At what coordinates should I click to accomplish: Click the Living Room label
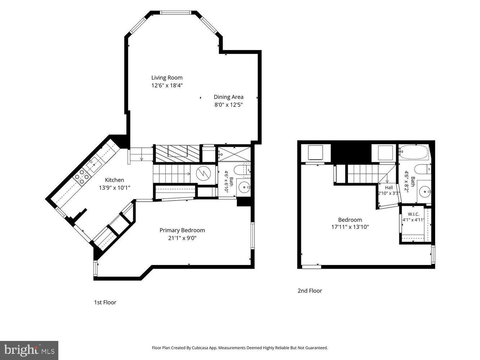pyautogui.click(x=167, y=78)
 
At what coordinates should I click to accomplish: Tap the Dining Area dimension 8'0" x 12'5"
pyautogui.click(x=229, y=105)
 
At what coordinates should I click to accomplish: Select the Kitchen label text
pyautogui.click(x=115, y=180)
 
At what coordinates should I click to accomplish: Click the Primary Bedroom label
pyautogui.click(x=182, y=230)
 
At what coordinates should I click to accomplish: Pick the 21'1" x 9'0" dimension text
pyautogui.click(x=182, y=238)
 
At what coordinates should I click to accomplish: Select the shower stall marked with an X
pyautogui.click(x=234, y=154)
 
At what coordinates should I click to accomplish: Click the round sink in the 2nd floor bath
pyautogui.click(x=425, y=192)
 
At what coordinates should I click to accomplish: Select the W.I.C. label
pyautogui.click(x=413, y=214)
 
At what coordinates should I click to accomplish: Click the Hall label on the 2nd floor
pyautogui.click(x=389, y=188)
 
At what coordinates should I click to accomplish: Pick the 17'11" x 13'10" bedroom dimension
pyautogui.click(x=350, y=227)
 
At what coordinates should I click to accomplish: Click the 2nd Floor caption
pyautogui.click(x=310, y=291)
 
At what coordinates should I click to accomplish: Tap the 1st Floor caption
pyautogui.click(x=105, y=302)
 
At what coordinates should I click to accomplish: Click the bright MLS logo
pyautogui.click(x=29, y=350)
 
